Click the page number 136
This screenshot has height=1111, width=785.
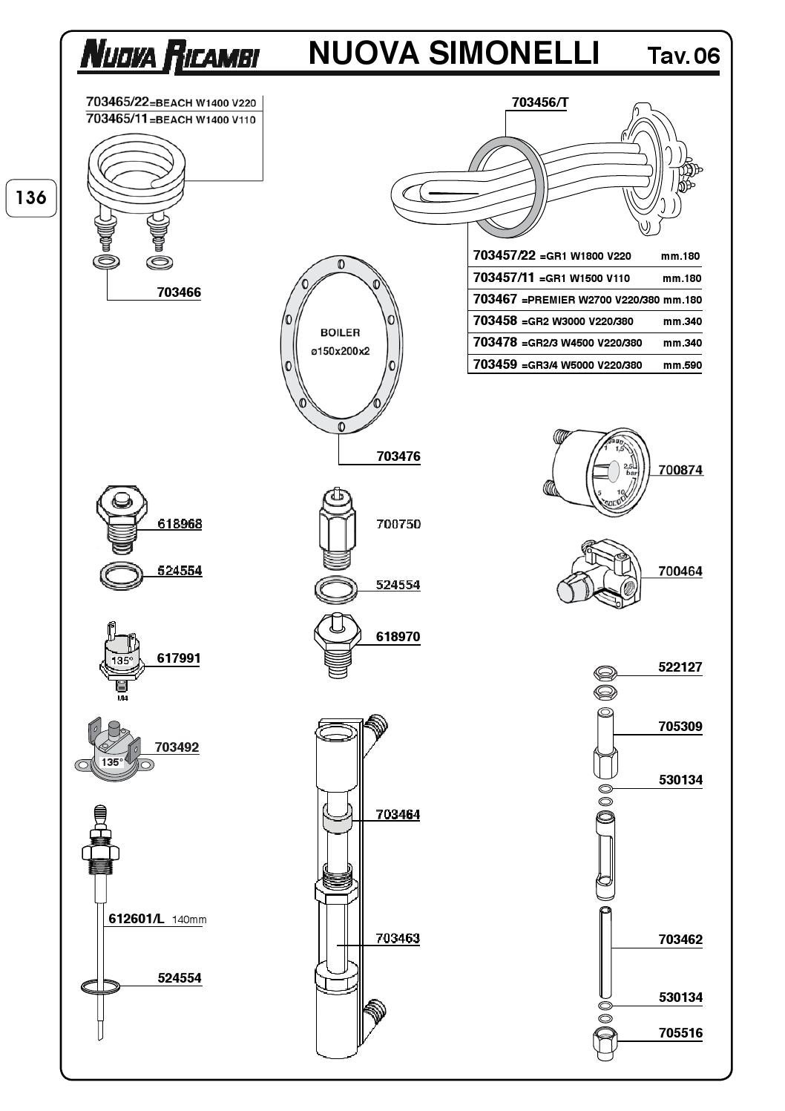coord(30,198)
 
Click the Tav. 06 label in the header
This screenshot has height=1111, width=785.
coord(683,56)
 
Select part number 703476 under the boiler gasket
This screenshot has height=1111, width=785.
coord(398,456)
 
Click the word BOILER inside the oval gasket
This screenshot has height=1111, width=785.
coord(340,332)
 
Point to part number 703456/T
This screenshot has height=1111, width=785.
coord(540,102)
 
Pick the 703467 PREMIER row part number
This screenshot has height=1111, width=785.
coord(495,299)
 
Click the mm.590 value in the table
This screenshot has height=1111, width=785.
coord(683,366)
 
